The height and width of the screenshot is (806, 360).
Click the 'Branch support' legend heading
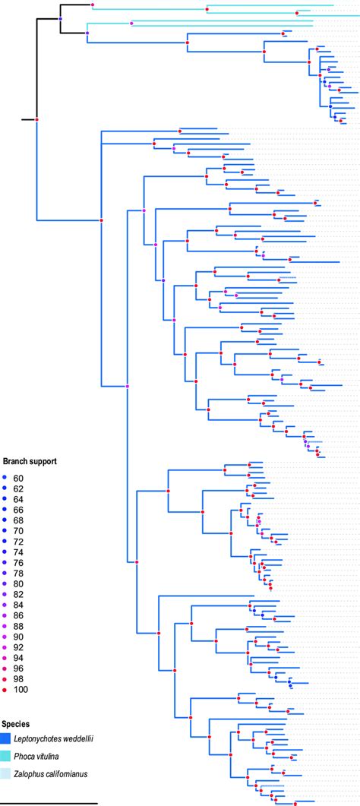pyautogui.click(x=30, y=461)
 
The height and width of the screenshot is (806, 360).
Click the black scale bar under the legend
pyautogui.click(x=49, y=801)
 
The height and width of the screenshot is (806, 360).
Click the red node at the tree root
pyautogui.click(x=37, y=120)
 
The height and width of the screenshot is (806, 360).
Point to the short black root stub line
pyautogui.click(x=28, y=120)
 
